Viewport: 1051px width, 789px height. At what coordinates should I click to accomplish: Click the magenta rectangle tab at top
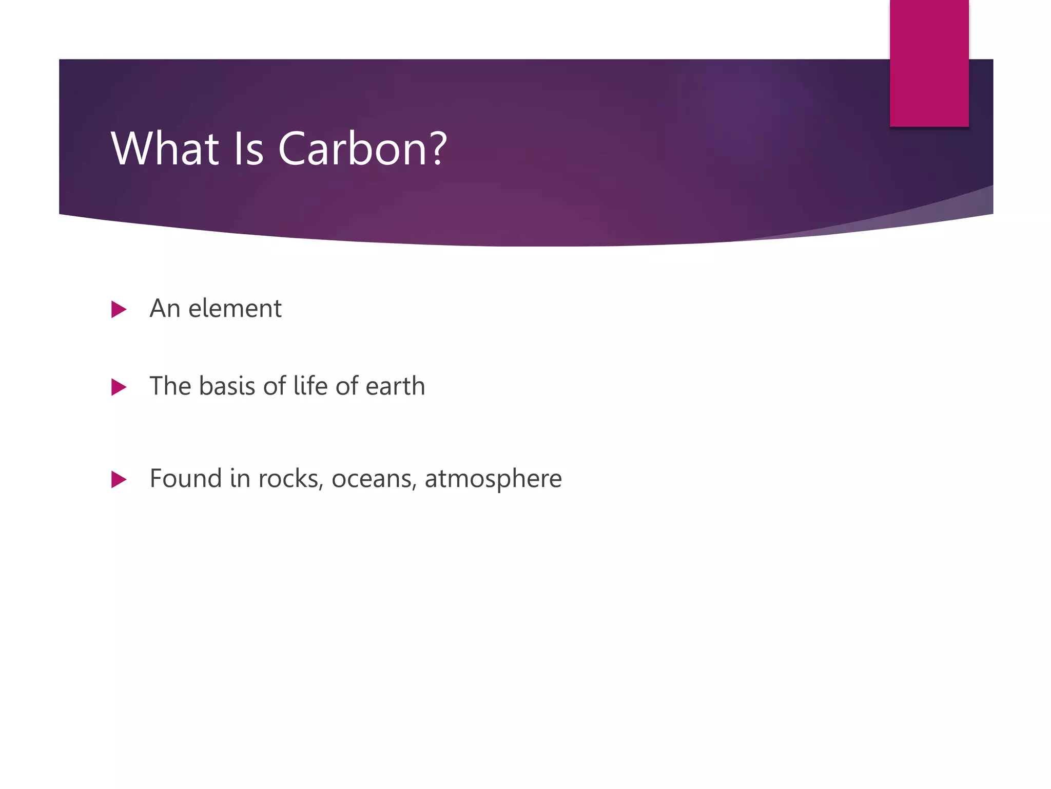pyautogui.click(x=929, y=63)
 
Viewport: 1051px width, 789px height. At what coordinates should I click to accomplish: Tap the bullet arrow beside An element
pyautogui.click(x=119, y=309)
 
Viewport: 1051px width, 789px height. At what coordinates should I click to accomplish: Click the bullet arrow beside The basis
pyautogui.click(x=119, y=387)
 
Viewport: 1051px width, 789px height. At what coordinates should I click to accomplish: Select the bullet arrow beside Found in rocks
pyautogui.click(x=119, y=480)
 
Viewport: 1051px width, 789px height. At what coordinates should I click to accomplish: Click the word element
pyautogui.click(x=235, y=309)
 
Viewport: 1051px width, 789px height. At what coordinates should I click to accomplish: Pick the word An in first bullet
pyautogui.click(x=165, y=309)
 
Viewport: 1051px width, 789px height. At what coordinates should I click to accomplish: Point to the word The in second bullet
pyautogui.click(x=170, y=386)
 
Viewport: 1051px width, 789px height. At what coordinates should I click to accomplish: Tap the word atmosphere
pyautogui.click(x=493, y=479)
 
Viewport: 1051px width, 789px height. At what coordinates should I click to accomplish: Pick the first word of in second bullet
pyautogui.click(x=274, y=386)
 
